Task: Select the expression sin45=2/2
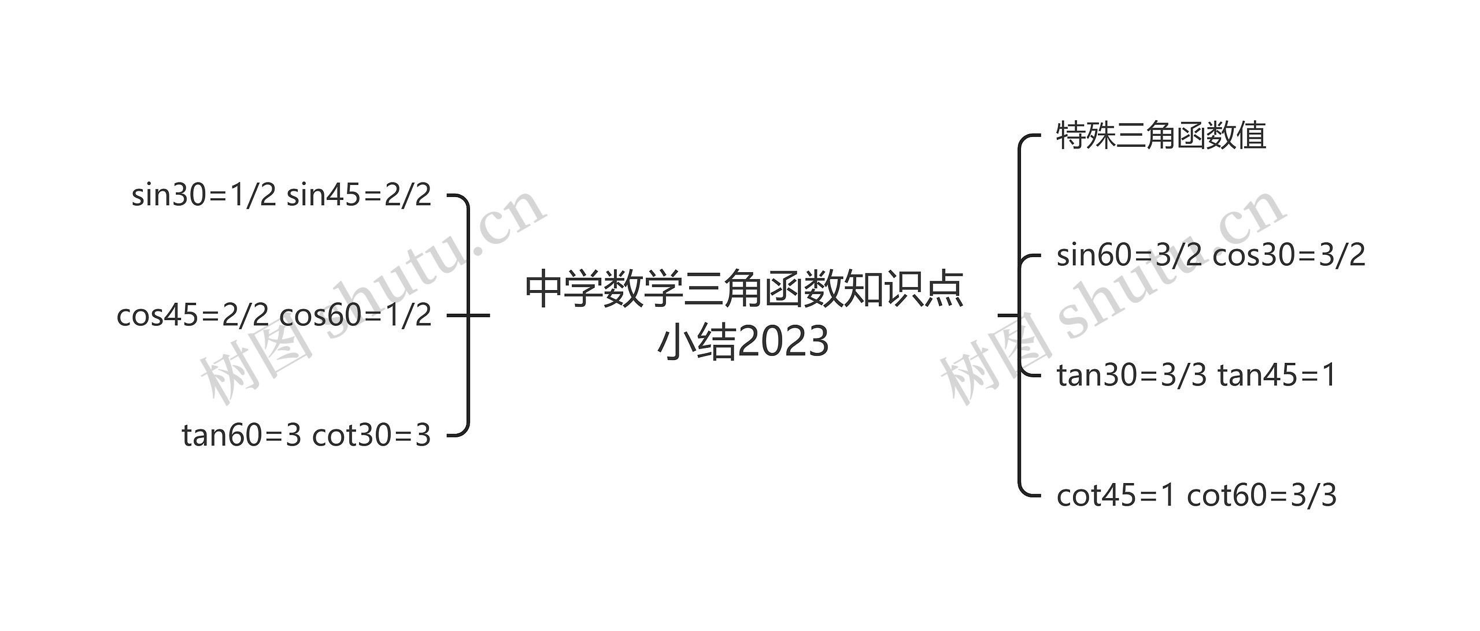coord(359,195)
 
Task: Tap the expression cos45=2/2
coord(193,315)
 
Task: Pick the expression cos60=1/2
coord(356,315)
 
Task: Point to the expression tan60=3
coord(242,435)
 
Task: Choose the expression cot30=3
coord(372,435)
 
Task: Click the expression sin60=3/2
coord(1128,255)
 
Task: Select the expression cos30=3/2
coord(1289,255)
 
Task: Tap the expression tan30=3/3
coord(1131,376)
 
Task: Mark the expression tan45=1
coord(1277,376)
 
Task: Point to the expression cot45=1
coord(1116,496)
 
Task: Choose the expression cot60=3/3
coord(1261,496)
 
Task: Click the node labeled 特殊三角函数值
coord(1161,136)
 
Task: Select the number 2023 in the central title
coord(783,342)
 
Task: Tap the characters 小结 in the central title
coord(697,342)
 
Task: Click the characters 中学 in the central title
coord(564,289)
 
